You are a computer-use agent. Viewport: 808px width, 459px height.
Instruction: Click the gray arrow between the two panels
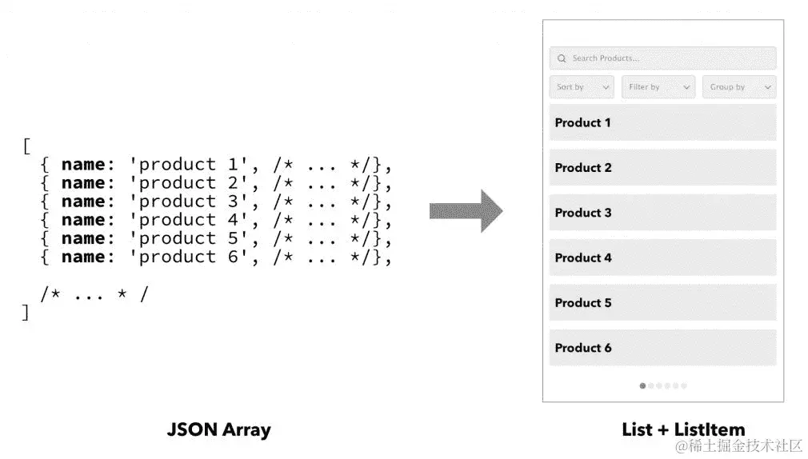(x=466, y=210)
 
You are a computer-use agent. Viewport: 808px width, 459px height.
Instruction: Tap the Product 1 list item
(x=662, y=122)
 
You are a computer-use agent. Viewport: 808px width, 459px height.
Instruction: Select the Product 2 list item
(x=662, y=168)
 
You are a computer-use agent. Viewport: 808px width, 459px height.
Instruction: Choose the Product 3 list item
(x=662, y=213)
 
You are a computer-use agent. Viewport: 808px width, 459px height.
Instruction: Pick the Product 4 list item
(x=662, y=257)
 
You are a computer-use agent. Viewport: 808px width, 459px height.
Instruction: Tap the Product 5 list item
(x=662, y=302)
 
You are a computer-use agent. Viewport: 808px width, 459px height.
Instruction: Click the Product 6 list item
(x=662, y=348)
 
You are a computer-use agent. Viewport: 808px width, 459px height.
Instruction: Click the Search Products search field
(x=662, y=58)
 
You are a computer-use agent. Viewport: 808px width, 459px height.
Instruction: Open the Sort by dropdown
(x=582, y=87)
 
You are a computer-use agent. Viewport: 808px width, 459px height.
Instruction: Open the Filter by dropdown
(x=658, y=87)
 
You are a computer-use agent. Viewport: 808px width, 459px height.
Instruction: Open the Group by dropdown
(x=739, y=87)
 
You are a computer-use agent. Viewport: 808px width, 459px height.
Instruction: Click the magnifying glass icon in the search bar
(x=562, y=58)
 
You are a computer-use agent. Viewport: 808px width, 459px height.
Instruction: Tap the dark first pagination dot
(x=642, y=385)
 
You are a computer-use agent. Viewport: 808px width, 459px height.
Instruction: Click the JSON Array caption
(x=218, y=429)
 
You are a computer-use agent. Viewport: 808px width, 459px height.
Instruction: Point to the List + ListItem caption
(x=683, y=429)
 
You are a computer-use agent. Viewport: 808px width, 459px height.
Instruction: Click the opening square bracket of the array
(x=26, y=146)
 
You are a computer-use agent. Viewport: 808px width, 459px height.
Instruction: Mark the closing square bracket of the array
(x=26, y=313)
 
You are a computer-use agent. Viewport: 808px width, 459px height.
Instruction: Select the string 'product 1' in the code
(x=188, y=165)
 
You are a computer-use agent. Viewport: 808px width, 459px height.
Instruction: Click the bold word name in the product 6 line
(x=83, y=257)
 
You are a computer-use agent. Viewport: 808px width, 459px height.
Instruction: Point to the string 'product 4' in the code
(x=188, y=220)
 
